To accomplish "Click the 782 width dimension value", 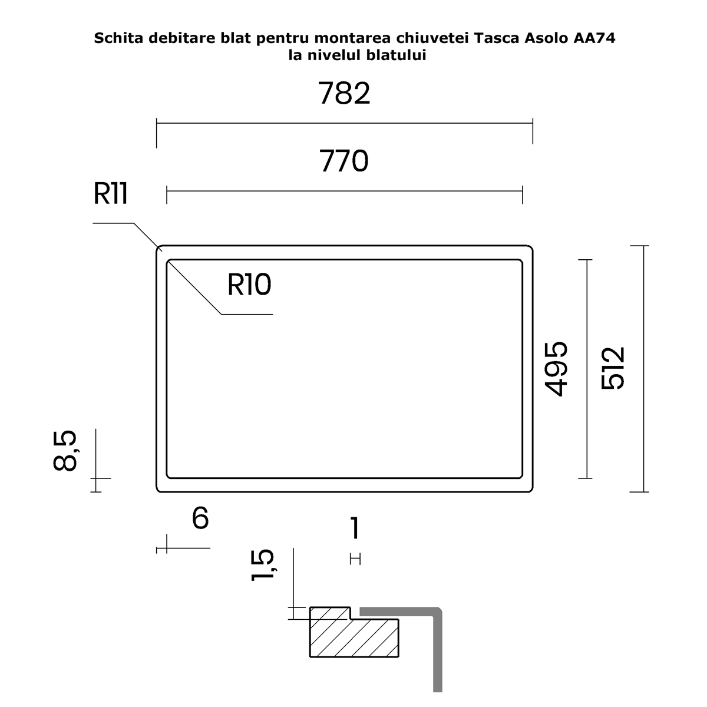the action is tap(344, 94).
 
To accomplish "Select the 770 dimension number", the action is tap(343, 161).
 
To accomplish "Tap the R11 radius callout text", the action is tap(110, 193).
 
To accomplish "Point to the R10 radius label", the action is tap(249, 285).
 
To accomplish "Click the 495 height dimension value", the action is tap(556, 369).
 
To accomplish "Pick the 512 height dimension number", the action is tap(613, 368).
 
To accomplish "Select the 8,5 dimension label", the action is tap(65, 451).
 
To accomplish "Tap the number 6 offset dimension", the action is tap(200, 518).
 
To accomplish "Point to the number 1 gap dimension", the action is tap(355, 527).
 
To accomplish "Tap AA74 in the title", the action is tap(594, 38).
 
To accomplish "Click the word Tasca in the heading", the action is tap(497, 38).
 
